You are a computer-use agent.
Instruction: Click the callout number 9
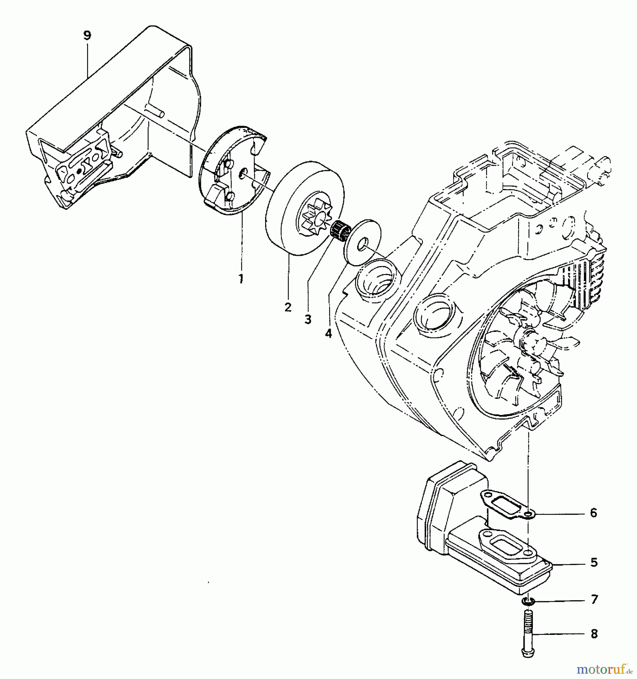[87, 35]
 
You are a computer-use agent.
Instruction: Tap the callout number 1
[241, 279]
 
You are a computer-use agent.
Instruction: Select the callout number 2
[288, 307]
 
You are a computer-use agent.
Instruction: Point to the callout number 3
[308, 320]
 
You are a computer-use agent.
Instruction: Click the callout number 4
[328, 333]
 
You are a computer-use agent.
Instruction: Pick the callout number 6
[594, 513]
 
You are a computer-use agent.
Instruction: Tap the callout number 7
[594, 599]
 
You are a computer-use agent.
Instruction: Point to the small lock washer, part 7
[529, 601]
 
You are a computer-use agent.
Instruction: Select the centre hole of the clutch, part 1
[243, 172]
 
